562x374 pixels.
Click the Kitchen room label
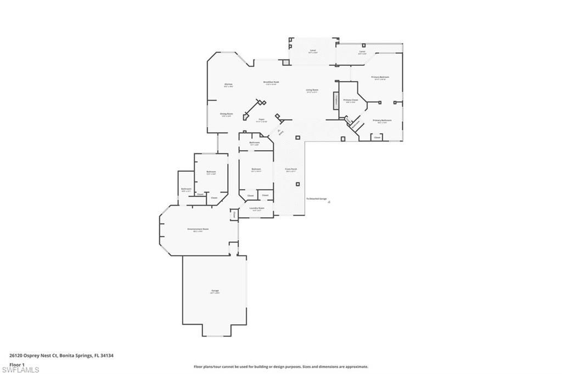[228, 84]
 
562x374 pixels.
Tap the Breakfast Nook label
[272, 82]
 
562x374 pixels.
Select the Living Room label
[312, 90]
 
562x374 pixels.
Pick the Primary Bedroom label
[380, 77]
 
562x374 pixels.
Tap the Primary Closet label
[351, 100]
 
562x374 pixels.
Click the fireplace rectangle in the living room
[334, 101]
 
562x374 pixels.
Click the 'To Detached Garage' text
[317, 199]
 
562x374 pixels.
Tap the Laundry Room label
[257, 208]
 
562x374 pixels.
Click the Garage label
[215, 291]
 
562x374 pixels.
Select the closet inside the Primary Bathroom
[377, 137]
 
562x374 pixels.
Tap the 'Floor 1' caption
[17, 364]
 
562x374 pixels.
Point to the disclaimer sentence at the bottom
[280, 367]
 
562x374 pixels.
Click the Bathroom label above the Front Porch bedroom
[254, 143]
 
